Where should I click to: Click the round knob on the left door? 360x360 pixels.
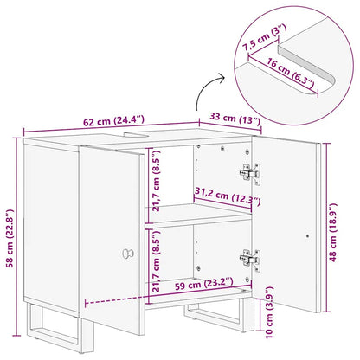127,253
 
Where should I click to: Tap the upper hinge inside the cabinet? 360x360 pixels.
251,174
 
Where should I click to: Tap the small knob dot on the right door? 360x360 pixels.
309,234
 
